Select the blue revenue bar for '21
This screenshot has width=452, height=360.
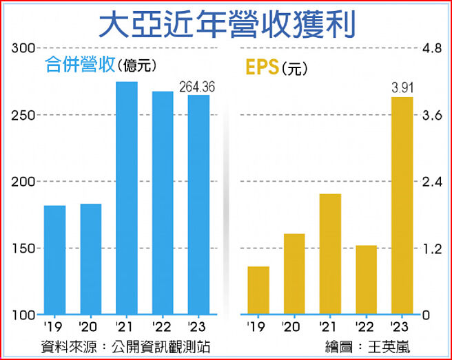click(x=127, y=198)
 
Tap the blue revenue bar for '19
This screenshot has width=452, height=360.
click(x=54, y=260)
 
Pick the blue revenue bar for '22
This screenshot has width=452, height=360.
click(x=163, y=203)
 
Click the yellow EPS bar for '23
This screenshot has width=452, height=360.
click(x=402, y=206)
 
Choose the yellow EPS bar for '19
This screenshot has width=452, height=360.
click(x=258, y=290)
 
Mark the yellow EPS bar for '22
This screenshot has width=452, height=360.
click(x=366, y=279)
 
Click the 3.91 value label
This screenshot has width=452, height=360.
click(x=402, y=87)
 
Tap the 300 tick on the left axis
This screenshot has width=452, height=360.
click(x=22, y=48)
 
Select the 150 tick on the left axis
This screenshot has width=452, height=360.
click(x=22, y=248)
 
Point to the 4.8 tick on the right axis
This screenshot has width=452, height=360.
click(x=431, y=48)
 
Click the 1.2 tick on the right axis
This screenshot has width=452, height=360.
click(x=431, y=248)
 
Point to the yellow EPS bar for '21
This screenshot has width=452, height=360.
click(x=330, y=254)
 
